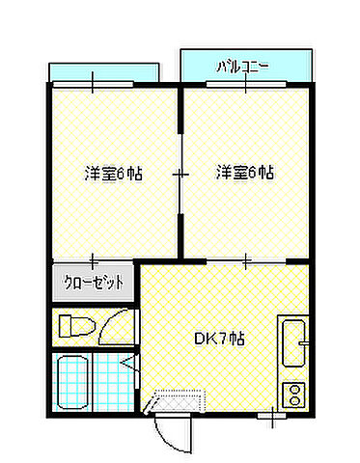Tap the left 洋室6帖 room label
[x=114, y=174]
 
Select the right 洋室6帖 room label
[x=246, y=174]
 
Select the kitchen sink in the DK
[x=293, y=341]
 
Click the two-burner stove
[x=293, y=394]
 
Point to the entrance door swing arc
[x=170, y=434]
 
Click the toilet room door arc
[x=120, y=323]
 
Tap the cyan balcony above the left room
[x=103, y=73]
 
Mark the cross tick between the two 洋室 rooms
[x=180, y=175]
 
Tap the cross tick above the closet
[x=93, y=259]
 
